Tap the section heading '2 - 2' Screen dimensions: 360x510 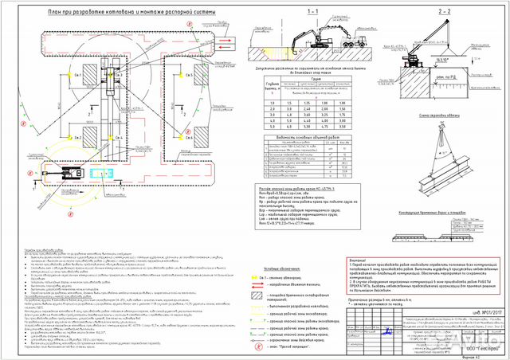click(x=444, y=14)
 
